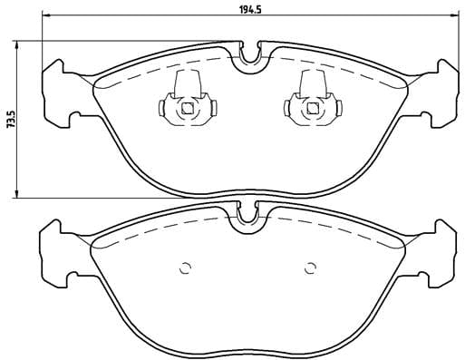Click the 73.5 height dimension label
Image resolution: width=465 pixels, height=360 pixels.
coord(10,118)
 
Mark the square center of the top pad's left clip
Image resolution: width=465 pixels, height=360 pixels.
coord(187,110)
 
